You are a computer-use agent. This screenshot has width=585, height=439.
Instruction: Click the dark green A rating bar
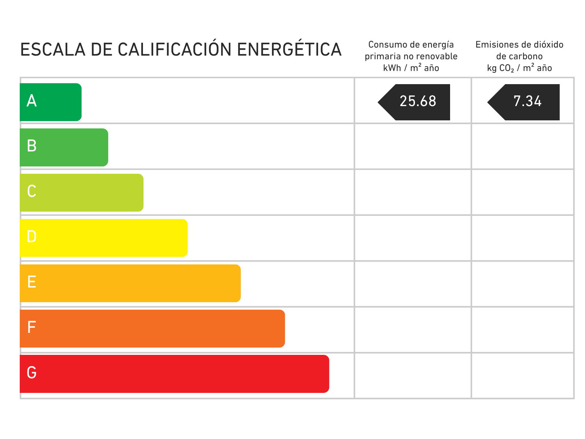coord(50,102)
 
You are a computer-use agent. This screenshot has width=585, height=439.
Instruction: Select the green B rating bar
coord(64,147)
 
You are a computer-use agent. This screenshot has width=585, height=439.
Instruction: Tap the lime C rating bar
coord(82,193)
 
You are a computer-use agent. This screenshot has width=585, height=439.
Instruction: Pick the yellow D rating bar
coord(104,238)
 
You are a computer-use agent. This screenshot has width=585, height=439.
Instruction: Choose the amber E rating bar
coord(130,283)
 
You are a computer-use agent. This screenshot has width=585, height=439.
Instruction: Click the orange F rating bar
coord(152,329)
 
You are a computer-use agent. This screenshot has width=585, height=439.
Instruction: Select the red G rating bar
coord(174,374)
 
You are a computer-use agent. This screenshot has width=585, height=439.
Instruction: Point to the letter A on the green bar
coord(32,101)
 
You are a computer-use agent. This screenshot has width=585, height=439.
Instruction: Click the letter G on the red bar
coord(32,373)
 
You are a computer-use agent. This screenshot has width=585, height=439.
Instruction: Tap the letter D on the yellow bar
coord(32,237)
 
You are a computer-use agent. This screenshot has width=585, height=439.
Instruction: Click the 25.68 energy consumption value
coord(418,101)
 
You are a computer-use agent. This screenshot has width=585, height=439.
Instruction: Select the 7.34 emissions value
coord(528,101)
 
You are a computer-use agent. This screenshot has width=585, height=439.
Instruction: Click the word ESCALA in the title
coord(53,50)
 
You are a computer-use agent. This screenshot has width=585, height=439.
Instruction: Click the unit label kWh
coord(392,68)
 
